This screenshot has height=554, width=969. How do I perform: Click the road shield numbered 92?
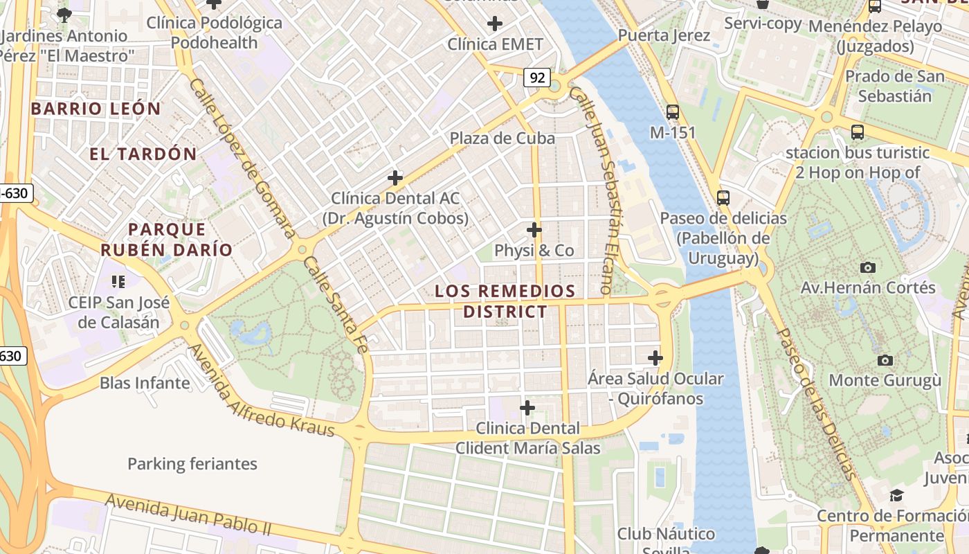[x=537, y=78]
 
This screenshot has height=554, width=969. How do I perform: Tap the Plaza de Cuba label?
[x=502, y=138]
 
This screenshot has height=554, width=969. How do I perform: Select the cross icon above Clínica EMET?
[x=494, y=24]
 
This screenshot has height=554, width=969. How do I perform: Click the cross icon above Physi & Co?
[x=534, y=230]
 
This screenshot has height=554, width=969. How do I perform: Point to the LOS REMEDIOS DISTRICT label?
[x=505, y=301]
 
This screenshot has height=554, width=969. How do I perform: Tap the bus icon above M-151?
[x=672, y=111]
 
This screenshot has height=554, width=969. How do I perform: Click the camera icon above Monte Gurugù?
[x=885, y=360]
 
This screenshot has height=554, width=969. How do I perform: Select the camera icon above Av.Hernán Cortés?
[x=867, y=267]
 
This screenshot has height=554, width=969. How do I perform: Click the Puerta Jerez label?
[x=664, y=35]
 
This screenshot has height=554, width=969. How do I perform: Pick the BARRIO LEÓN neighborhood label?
[x=96, y=109]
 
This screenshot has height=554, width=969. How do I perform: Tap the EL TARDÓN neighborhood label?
[x=143, y=154]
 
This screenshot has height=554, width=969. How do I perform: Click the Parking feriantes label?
[x=192, y=464]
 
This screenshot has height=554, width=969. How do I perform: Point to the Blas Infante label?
[x=145, y=383]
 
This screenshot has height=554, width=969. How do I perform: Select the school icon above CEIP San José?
[x=118, y=281]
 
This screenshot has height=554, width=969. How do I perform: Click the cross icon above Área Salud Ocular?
[x=655, y=358]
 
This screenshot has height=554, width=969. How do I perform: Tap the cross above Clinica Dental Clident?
[x=527, y=407]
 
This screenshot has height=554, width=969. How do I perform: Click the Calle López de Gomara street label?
[x=242, y=158]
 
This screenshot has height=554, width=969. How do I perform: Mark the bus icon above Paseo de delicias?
[x=723, y=197]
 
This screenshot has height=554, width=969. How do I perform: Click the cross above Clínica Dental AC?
[x=395, y=178]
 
